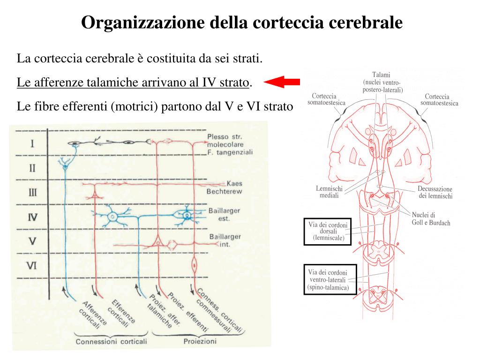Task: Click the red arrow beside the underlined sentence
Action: click(x=282, y=82)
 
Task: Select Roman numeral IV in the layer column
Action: click(x=32, y=217)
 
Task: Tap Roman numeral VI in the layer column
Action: click(x=31, y=266)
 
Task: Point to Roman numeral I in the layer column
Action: click(x=32, y=143)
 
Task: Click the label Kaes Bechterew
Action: click(x=225, y=187)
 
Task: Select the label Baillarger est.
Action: click(x=225, y=215)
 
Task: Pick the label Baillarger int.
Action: click(x=225, y=240)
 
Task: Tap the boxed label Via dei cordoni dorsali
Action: click(x=328, y=232)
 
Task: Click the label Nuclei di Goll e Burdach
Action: click(x=430, y=218)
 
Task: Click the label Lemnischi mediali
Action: click(x=329, y=192)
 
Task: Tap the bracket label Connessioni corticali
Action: click(x=112, y=341)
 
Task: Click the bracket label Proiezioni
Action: click(x=200, y=341)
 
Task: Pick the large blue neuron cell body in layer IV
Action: click(x=112, y=217)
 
